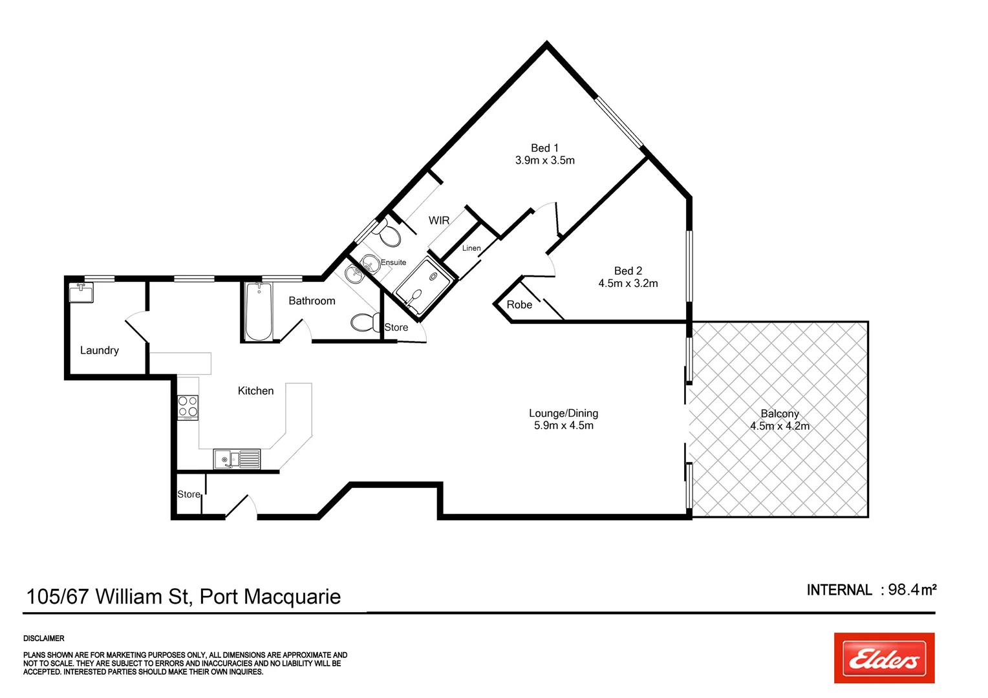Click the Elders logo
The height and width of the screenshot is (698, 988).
[884, 658]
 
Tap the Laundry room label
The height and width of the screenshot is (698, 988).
[100, 350]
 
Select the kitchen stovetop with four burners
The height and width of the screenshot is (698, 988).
[188, 407]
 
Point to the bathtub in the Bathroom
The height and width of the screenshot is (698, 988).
[259, 312]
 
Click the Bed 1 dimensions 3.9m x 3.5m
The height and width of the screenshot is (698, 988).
[544, 160]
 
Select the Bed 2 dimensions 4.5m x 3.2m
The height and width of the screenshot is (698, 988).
[628, 283]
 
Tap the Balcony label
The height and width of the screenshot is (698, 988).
[780, 414]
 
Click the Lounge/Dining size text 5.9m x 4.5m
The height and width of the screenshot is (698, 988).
[563, 425]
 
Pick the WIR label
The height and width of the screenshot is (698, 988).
[439, 220]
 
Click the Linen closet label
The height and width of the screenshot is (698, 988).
[471, 248]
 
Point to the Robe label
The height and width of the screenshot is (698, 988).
[519, 304]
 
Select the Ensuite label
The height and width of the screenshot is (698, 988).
[393, 262]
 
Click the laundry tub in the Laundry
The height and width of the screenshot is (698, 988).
[81, 293]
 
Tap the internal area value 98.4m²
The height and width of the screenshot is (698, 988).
[912, 589]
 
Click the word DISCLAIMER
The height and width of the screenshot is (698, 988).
[44, 639]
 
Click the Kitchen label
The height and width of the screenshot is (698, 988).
[255, 391]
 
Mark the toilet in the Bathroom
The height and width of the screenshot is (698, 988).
[365, 322]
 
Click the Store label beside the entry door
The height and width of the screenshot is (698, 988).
[189, 494]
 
